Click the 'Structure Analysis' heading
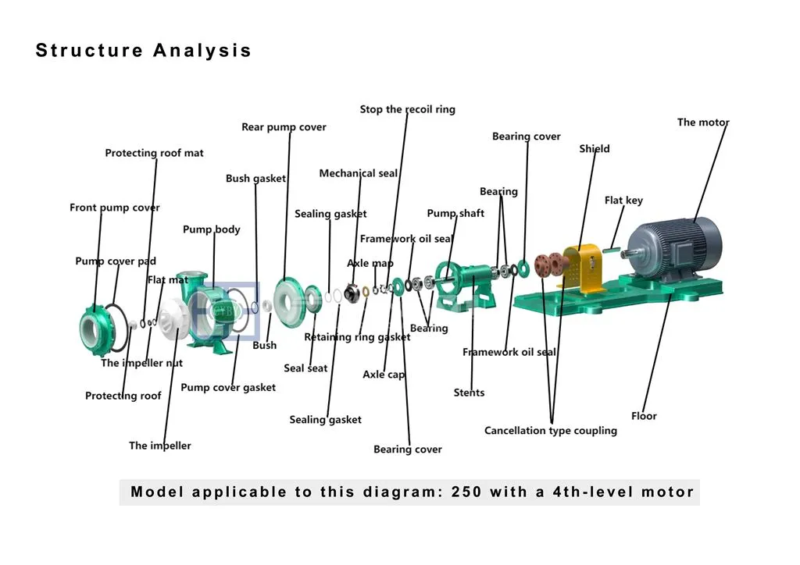[x=144, y=52]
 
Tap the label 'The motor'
[x=702, y=123]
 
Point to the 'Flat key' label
[x=623, y=201]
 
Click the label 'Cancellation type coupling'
[x=550, y=431]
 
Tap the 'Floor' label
[x=644, y=416]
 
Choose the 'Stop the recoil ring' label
[x=407, y=109]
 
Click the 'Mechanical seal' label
[x=358, y=173]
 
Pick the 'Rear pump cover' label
[x=284, y=127]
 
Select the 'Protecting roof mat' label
[x=154, y=153]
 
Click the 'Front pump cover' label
[x=114, y=208]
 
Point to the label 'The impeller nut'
[x=141, y=363]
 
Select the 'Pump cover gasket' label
[x=228, y=387]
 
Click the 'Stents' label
[x=469, y=393]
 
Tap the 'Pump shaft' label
[x=455, y=214]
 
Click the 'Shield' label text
[x=594, y=149]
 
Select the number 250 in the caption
[x=466, y=492]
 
